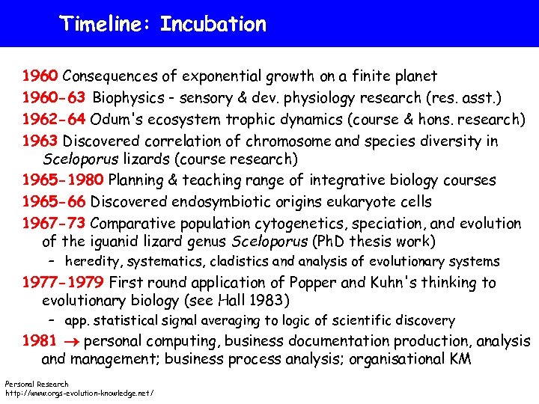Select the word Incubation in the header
tap(213, 24)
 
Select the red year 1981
tap(39, 341)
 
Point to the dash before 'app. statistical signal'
tap(52, 321)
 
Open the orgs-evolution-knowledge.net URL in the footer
tap(79, 393)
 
